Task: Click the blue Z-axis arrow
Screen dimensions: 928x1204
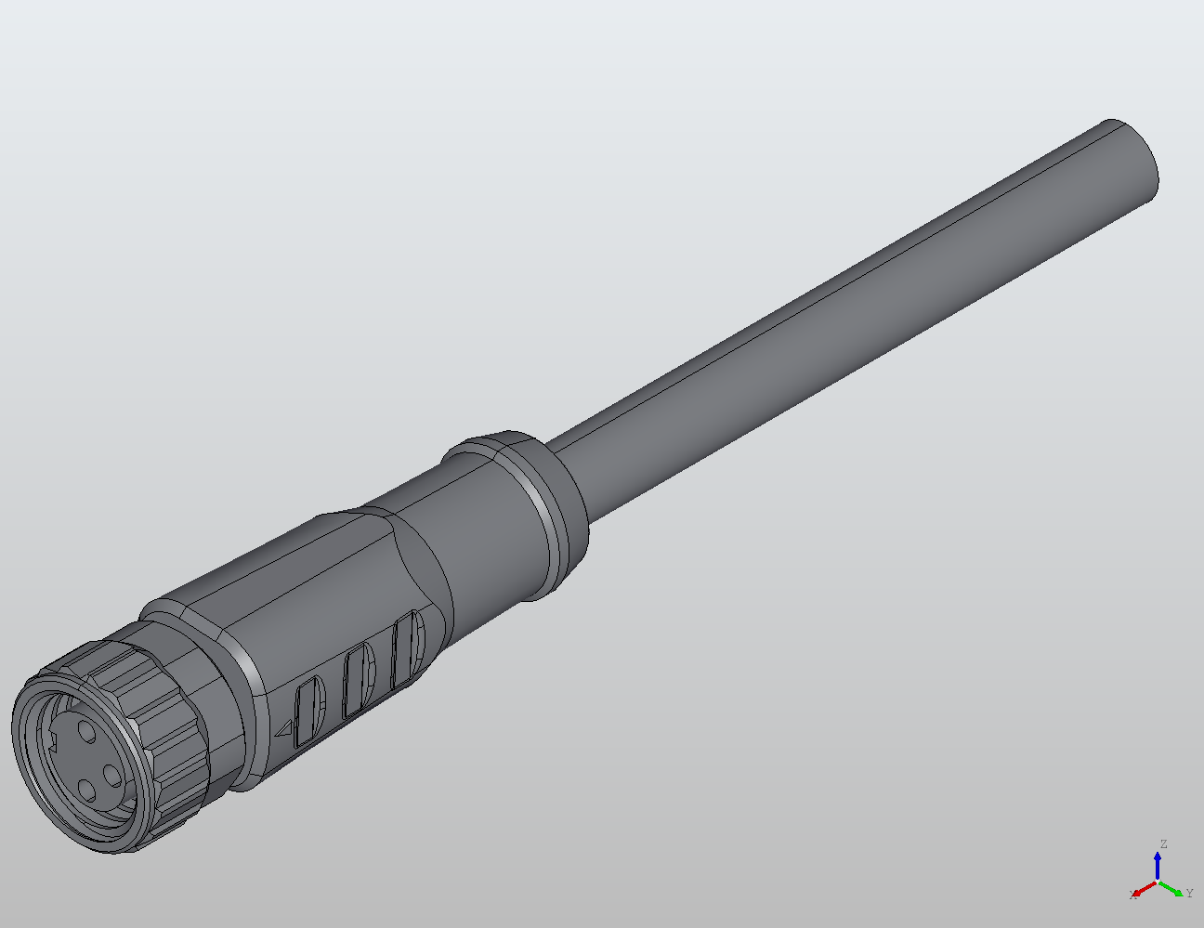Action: tap(1158, 865)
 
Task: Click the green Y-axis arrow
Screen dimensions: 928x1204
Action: tap(1173, 888)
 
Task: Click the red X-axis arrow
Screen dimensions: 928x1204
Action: tap(1144, 889)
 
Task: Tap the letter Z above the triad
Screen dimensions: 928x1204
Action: tap(1162, 844)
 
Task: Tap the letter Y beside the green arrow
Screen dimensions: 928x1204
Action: tap(1189, 894)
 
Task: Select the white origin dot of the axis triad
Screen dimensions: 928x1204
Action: tap(1158, 881)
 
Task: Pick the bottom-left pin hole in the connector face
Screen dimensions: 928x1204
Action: tap(86, 791)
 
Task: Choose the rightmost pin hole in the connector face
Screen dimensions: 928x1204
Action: tap(112, 773)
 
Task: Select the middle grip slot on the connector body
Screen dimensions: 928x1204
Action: tap(358, 681)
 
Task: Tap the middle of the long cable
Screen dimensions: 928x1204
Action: tap(836, 334)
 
